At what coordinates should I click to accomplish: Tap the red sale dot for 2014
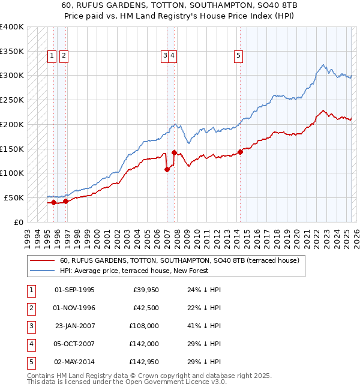click(x=240, y=152)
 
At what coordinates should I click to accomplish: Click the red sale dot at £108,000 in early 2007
click(x=167, y=169)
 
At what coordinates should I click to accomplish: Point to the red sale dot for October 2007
click(x=174, y=152)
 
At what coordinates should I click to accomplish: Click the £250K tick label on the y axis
click(x=11, y=100)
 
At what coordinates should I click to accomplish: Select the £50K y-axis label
click(x=14, y=197)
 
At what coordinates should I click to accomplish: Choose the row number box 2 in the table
click(x=31, y=308)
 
